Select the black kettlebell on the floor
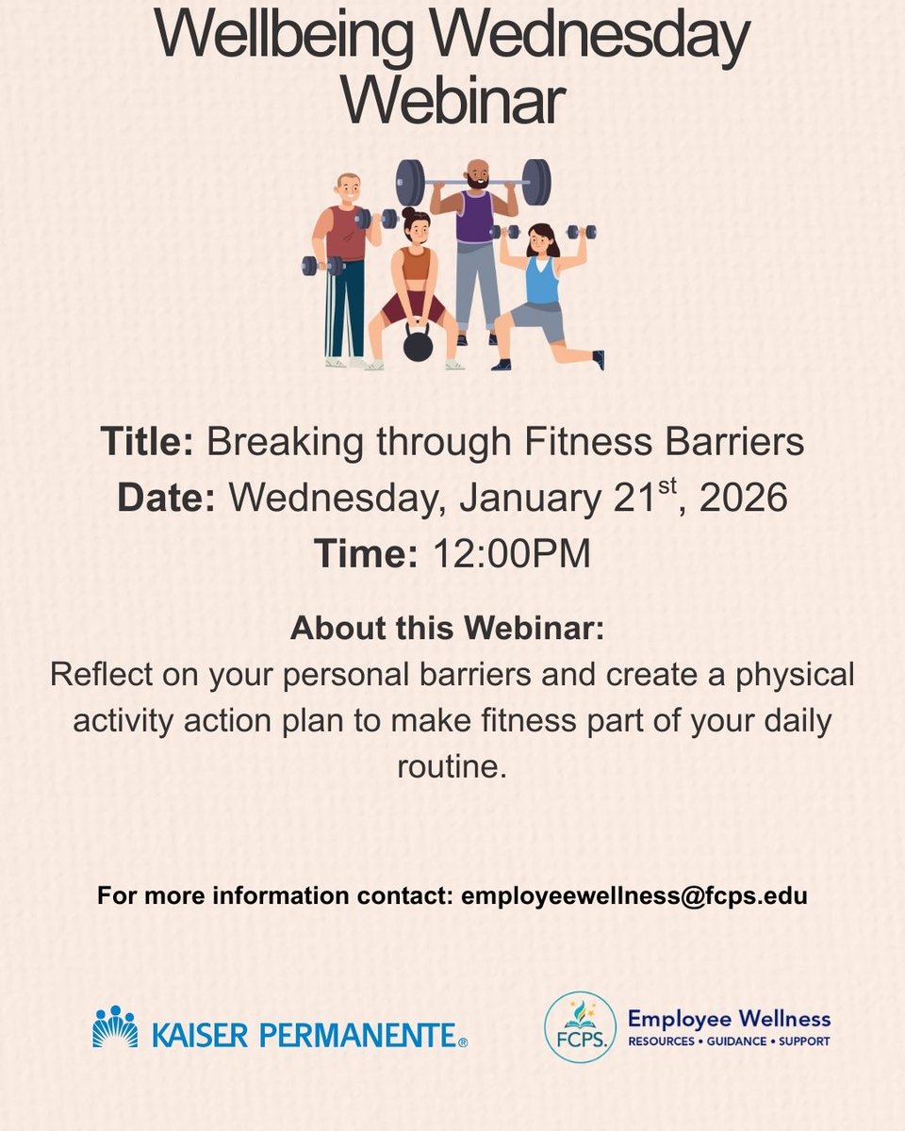point(418,344)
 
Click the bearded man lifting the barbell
point(476,236)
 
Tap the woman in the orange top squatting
point(415,283)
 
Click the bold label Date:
point(166,499)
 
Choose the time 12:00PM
point(511,554)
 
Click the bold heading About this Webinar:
point(447,629)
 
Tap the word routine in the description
point(452,765)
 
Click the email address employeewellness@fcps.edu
point(633,895)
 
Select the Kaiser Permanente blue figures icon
point(115,1026)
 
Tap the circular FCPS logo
point(575,1026)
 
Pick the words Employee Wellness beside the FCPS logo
point(730,1018)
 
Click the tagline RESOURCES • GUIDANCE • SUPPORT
point(730,1042)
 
